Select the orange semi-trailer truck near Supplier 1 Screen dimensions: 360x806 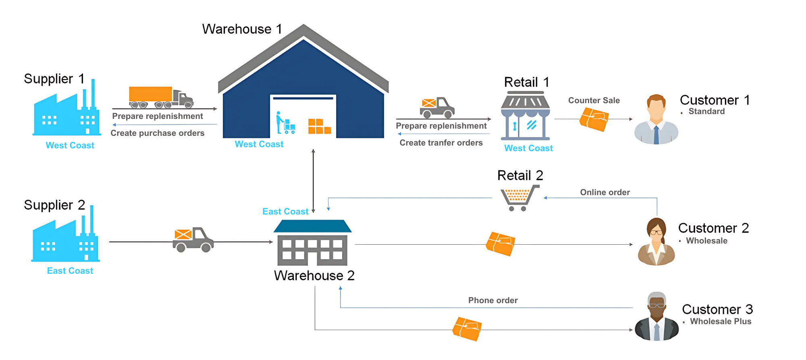coord(160,97)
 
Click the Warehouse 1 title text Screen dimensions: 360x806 coord(242,29)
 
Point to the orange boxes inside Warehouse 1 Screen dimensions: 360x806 coord(319,126)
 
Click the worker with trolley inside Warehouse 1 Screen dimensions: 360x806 coord(285,123)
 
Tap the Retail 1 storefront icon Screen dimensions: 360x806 coord(525,115)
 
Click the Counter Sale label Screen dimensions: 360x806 coord(594,100)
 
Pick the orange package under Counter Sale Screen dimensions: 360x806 coord(594,119)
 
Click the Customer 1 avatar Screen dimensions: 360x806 coord(656,120)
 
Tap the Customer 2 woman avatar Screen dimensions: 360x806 coord(656,242)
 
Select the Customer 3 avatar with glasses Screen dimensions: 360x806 coord(656,317)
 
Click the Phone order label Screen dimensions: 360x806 coord(492,300)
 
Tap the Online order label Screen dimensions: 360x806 coord(604,192)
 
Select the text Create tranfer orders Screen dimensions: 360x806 coord(441,143)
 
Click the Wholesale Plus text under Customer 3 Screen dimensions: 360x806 coord(720,321)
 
